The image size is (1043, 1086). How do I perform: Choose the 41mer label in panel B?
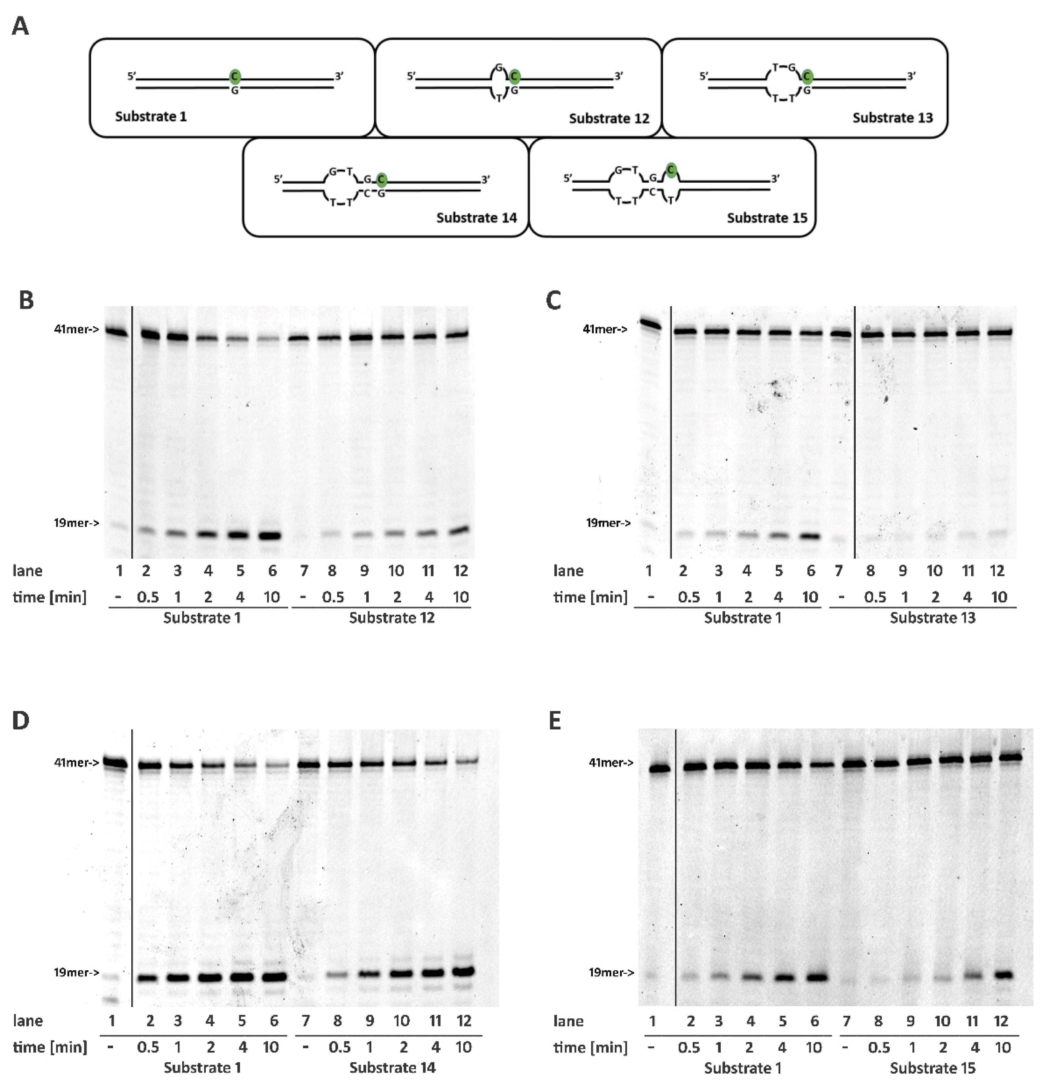pos(77,329)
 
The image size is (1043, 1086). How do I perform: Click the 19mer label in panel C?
pos(608,522)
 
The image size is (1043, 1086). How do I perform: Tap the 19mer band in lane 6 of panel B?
pos(272,536)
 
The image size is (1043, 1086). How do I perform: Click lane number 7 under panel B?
pos(304,571)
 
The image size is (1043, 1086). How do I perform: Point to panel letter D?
pos(21,722)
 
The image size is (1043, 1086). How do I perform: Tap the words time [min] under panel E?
pos(591,1047)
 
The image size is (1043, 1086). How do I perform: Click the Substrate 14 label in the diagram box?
pos(476,218)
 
